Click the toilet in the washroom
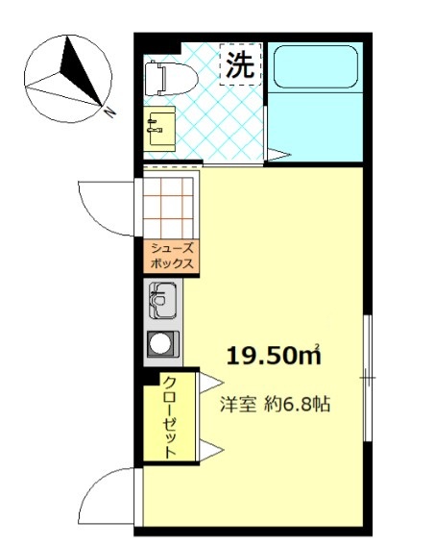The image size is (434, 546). pos(170,79)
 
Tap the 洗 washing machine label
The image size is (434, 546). pos(240,64)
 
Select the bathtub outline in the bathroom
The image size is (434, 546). pos(316,67)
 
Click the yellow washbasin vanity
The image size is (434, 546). pos(159,129)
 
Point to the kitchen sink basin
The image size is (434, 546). pos(163,301)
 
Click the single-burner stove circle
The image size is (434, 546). pos(160,344)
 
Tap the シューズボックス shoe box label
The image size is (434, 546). pos(172,256)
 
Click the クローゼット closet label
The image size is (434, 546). pos(170,417)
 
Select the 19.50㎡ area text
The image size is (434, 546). pos(274,356)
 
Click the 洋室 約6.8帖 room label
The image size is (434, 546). pos(275,405)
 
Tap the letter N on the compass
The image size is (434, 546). pos(110,112)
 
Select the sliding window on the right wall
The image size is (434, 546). pos(368,378)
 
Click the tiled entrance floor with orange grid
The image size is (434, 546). pos(168,208)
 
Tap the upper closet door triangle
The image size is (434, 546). pos(210,383)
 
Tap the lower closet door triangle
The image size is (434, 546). pos(210,451)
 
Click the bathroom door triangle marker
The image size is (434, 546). pos(277,155)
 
